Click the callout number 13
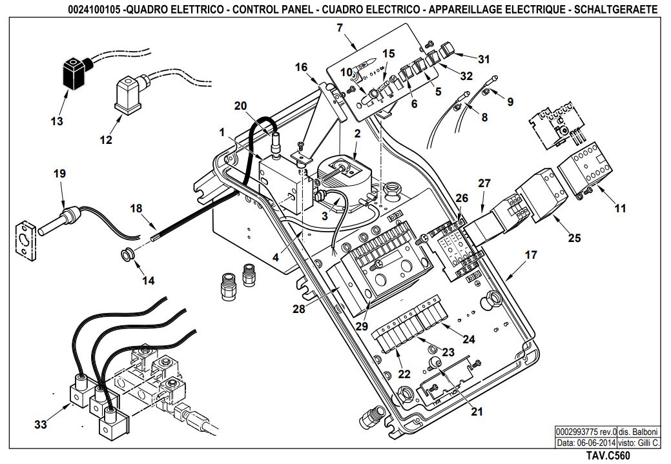click(57, 121)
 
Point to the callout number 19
click(60, 174)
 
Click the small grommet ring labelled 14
click(127, 255)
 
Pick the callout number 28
click(299, 308)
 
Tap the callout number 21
click(477, 411)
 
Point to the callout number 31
click(484, 59)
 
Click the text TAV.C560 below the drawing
click(608, 456)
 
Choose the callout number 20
click(240, 106)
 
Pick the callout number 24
click(469, 339)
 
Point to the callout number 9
click(510, 102)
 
